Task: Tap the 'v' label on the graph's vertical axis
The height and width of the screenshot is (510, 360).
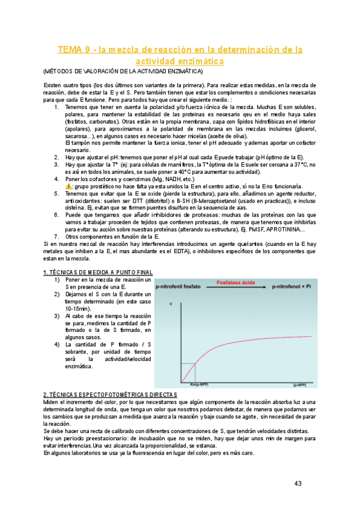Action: click(171, 304)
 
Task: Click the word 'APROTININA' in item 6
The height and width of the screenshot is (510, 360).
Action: click(282, 230)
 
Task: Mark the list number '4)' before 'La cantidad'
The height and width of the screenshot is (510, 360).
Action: click(56, 345)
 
